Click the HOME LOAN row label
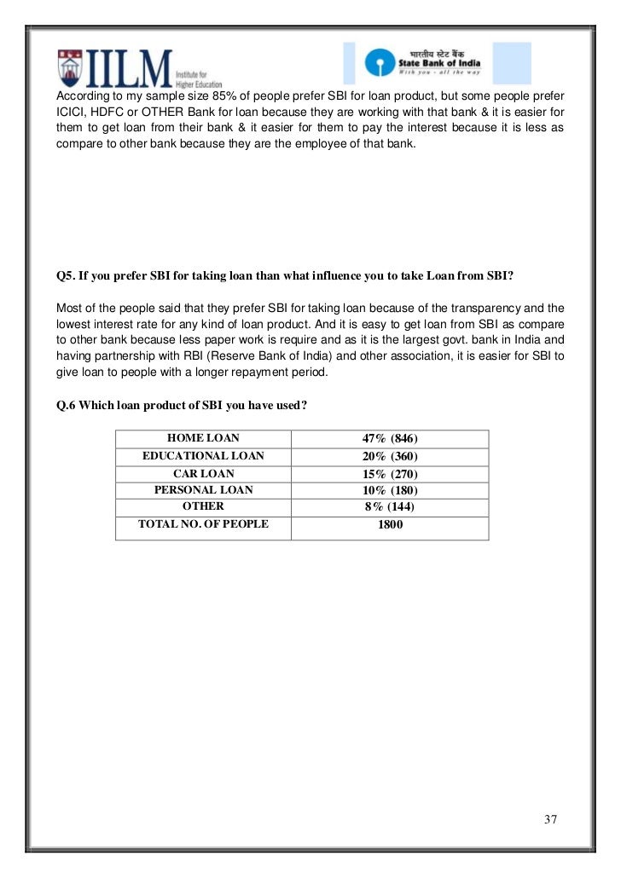tap(203, 439)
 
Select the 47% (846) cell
tap(390, 439)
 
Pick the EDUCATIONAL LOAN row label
tap(203, 456)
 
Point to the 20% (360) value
tap(390, 457)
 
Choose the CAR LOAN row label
tap(203, 473)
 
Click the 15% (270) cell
tap(390, 474)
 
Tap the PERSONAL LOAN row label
tap(203, 490)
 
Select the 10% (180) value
tap(390, 491)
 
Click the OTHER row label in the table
tap(203, 506)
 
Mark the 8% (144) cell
tap(390, 507)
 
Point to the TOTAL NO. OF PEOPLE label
tap(203, 524)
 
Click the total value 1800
tap(390, 525)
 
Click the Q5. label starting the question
tap(67, 276)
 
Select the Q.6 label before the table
tap(67, 406)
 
